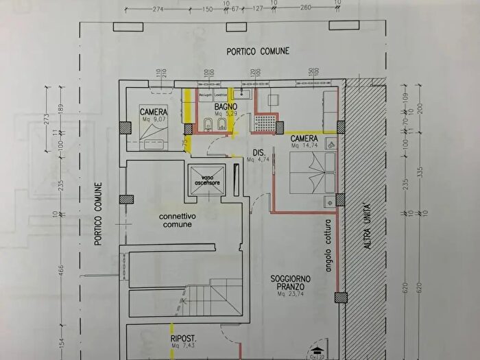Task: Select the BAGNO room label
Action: (x=226, y=108)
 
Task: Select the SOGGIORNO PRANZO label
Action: (x=290, y=283)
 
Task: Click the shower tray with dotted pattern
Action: (x=264, y=123)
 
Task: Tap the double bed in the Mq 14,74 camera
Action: (x=311, y=173)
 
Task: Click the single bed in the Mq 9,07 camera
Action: (x=154, y=141)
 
